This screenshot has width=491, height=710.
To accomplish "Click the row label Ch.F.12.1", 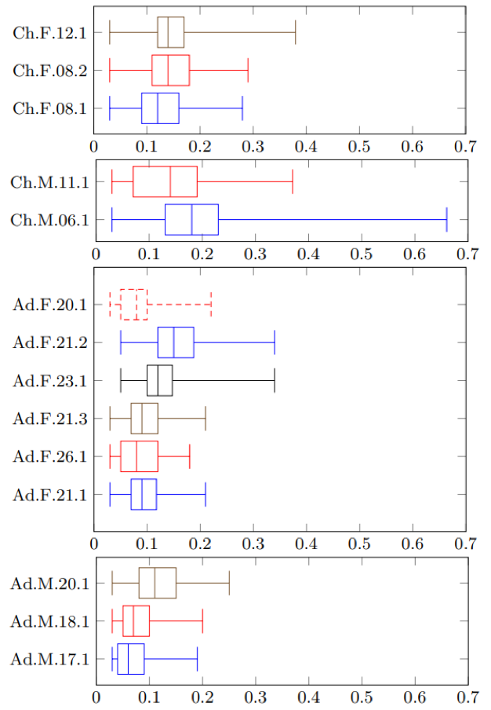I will pyautogui.click(x=49, y=33).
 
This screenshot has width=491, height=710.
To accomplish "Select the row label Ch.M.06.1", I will pyautogui.click(x=49, y=219).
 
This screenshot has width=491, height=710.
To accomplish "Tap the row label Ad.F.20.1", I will pyautogui.click(x=49, y=304).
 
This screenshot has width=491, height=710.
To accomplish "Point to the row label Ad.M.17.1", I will pyautogui.click(x=49, y=659).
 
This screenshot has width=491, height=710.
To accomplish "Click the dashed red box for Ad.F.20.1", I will pyautogui.click(x=133, y=304).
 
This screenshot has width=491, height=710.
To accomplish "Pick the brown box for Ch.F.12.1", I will pyautogui.click(x=170, y=33).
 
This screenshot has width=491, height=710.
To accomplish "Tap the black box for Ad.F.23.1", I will pyautogui.click(x=159, y=380).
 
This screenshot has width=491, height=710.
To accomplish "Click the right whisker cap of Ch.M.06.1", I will pyautogui.click(x=446, y=219).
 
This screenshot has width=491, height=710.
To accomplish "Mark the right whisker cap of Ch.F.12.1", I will pyautogui.click(x=296, y=33).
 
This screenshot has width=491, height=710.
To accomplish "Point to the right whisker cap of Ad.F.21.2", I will pyautogui.click(x=275, y=342).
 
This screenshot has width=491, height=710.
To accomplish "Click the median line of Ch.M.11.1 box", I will pyautogui.click(x=170, y=181).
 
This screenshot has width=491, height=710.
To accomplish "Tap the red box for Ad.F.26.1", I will pyautogui.click(x=139, y=456).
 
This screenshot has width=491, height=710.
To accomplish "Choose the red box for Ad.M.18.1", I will pyautogui.click(x=136, y=621).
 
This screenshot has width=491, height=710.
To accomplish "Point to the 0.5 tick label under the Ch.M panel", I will pyautogui.click(x=361, y=254).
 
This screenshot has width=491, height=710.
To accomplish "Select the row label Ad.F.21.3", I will pyautogui.click(x=49, y=419).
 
